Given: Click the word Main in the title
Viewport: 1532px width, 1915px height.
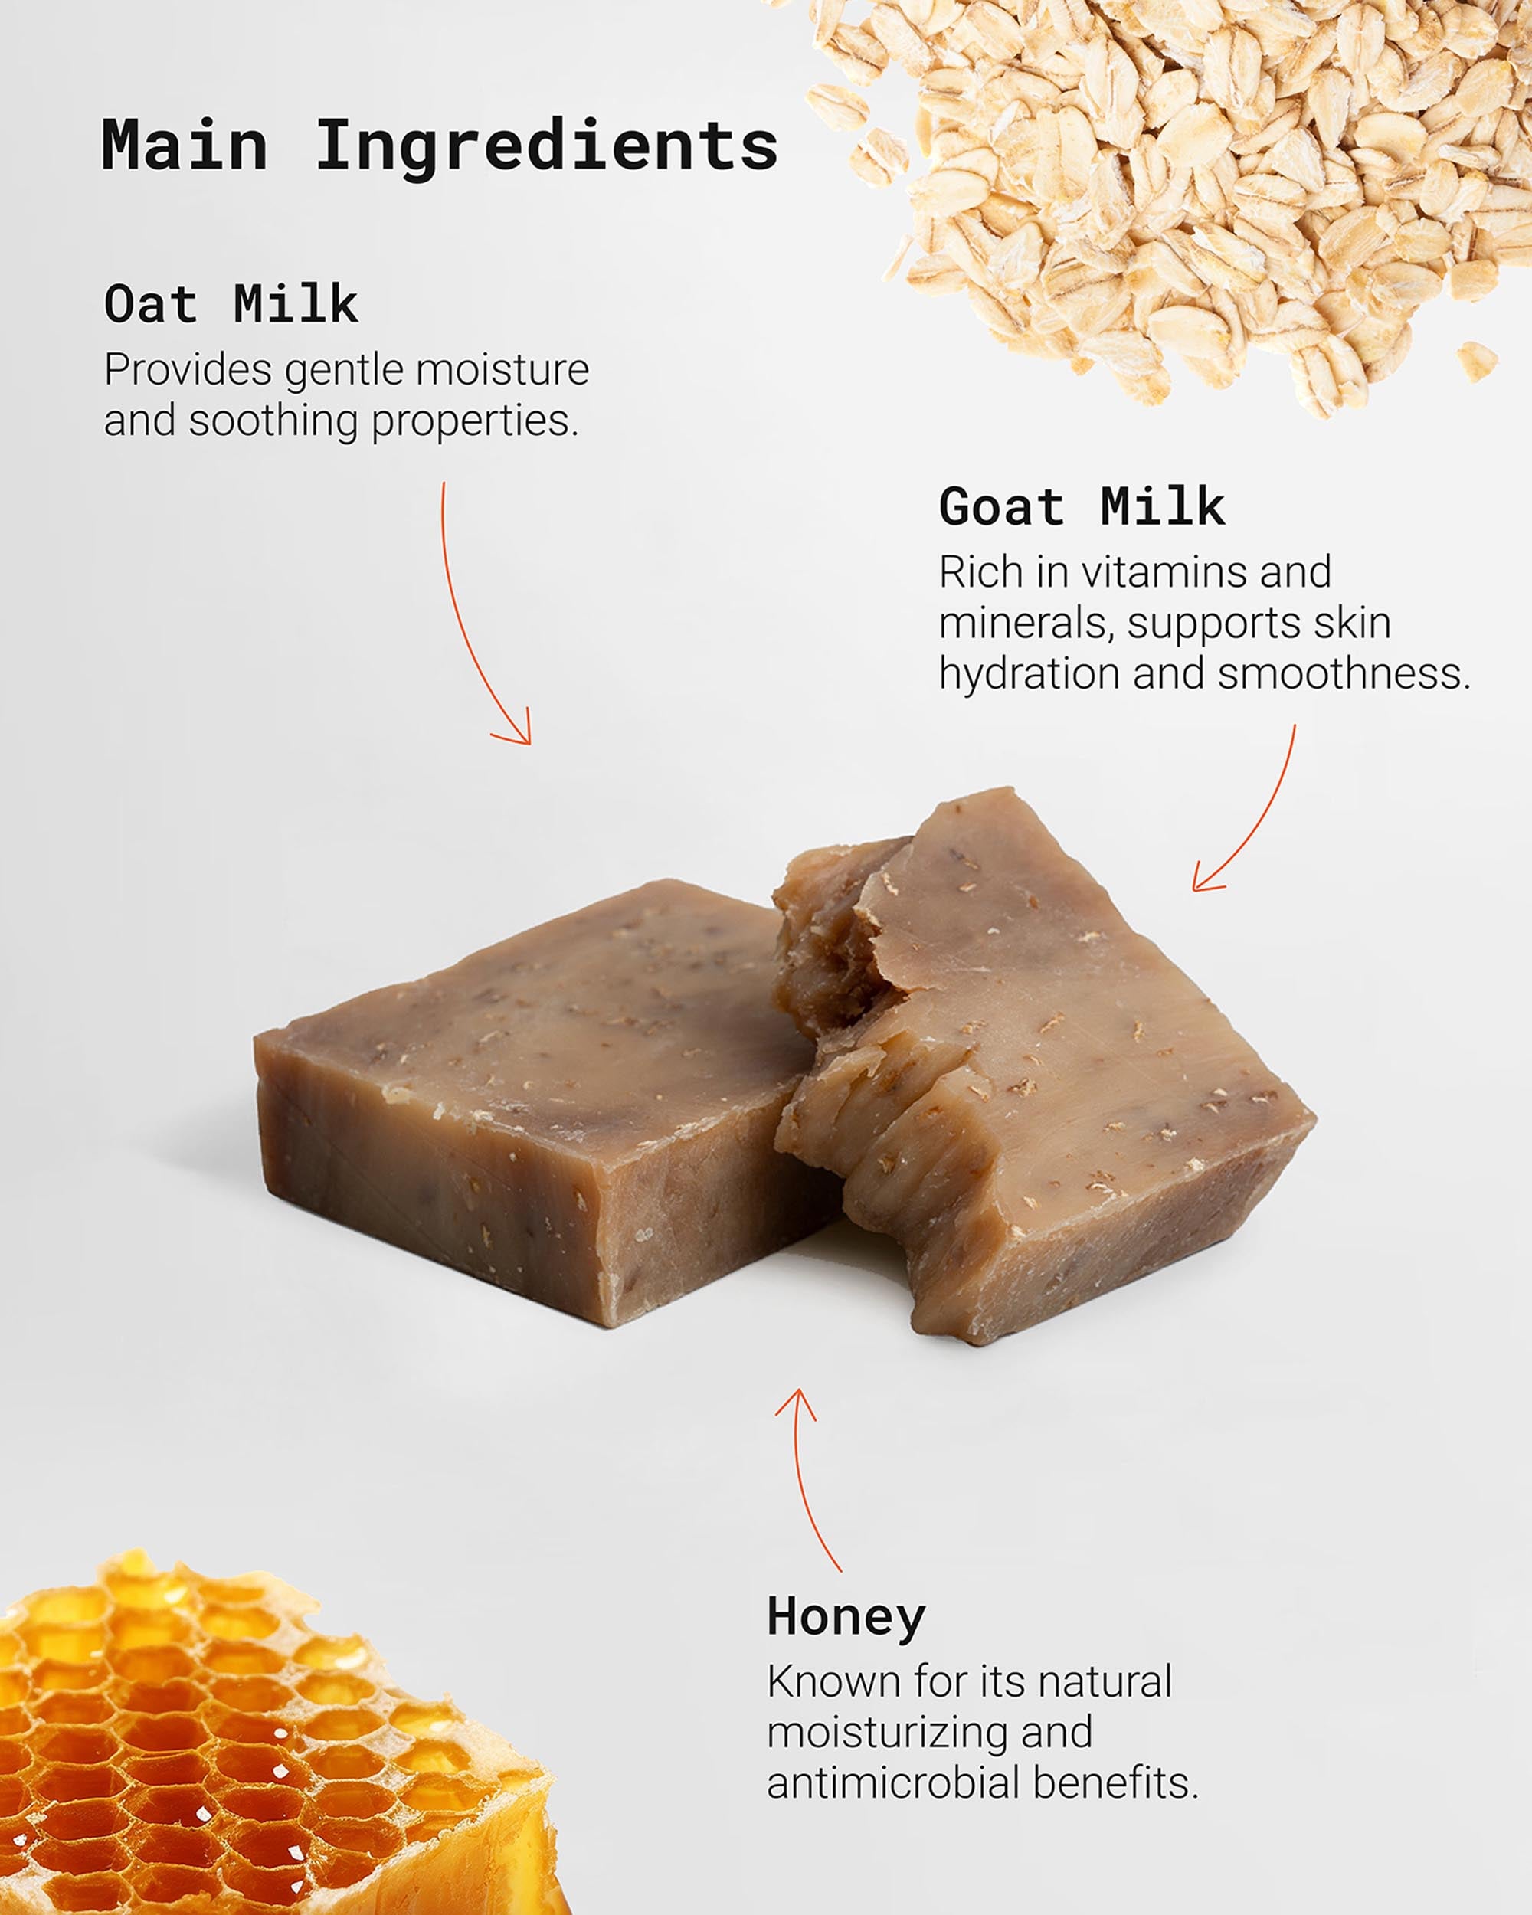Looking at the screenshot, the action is click(x=185, y=145).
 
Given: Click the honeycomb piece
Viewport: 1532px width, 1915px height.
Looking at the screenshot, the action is click(x=267, y=1741).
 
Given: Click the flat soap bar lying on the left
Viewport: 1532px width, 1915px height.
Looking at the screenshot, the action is click(x=542, y=1102).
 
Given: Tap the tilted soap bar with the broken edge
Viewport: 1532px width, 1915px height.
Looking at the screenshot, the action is click(x=1039, y=1066).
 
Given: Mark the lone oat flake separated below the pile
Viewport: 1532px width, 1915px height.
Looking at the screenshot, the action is click(x=1476, y=361).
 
